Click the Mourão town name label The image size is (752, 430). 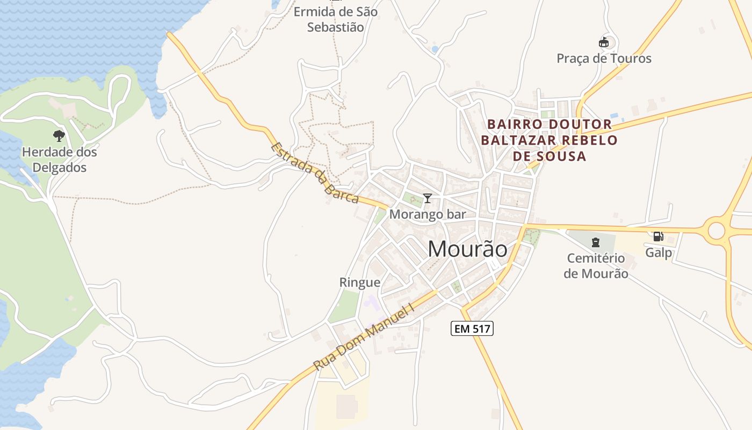coord(467,249)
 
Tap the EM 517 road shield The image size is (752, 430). coord(472,328)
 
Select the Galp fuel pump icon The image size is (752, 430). coord(658,236)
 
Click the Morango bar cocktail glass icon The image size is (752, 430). coord(427,198)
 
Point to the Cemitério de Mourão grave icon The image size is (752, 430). coord(595,242)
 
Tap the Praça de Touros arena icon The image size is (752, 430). coord(604,42)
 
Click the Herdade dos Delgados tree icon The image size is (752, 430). coord(59,136)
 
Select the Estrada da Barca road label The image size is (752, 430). coord(315,173)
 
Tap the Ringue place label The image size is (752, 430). coord(359,282)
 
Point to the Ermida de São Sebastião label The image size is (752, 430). coord(335,19)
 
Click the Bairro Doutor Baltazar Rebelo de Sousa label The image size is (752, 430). coord(549,140)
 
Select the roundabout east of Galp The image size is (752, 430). coord(717,231)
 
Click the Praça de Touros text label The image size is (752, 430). coord(604,59)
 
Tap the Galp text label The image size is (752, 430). coord(659,253)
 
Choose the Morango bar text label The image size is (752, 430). coord(427,214)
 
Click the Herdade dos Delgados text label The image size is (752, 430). coord(59,160)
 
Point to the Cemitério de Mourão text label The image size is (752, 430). coord(595,266)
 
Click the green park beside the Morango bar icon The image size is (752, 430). coord(413,199)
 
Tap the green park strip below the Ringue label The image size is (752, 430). coord(344,306)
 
